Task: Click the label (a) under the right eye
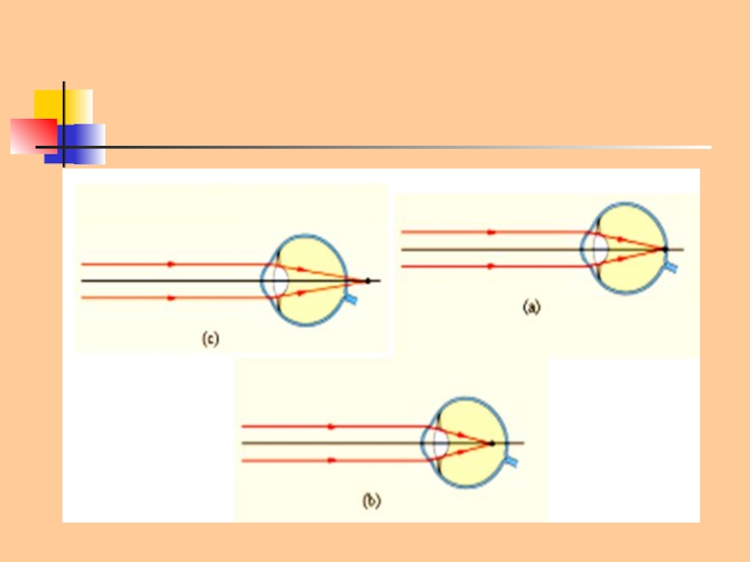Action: (532, 306)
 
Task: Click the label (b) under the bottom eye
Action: (372, 501)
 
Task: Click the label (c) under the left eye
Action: (210, 339)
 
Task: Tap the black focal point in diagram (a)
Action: (665, 249)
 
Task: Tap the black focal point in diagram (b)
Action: (491, 443)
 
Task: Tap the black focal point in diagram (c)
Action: (367, 281)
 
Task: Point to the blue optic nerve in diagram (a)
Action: (672, 268)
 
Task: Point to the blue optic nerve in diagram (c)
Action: (351, 300)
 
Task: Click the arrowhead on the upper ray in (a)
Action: (491, 232)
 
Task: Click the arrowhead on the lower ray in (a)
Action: (491, 267)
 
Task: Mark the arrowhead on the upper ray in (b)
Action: (331, 426)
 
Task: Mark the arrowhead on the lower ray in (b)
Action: (331, 460)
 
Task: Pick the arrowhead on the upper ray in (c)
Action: (171, 264)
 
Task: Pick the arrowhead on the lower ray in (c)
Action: (171, 298)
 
